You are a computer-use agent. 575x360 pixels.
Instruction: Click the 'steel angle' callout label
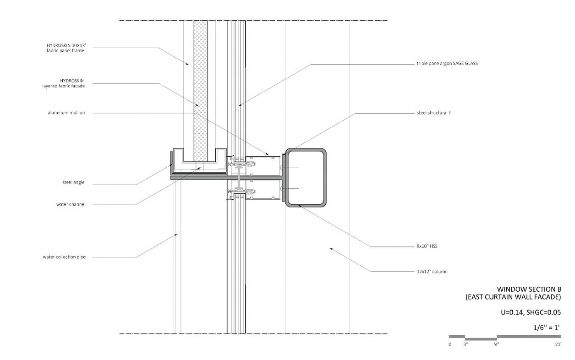point(73,182)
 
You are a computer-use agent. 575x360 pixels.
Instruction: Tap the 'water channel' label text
point(71,204)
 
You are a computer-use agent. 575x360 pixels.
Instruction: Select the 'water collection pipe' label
point(64,257)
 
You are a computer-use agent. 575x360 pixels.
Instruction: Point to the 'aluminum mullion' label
point(66,113)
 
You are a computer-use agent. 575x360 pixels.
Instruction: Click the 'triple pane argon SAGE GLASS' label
point(447,63)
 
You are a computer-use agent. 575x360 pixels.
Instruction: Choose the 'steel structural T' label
point(434,113)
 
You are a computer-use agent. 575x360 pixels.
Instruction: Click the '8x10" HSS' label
point(427,246)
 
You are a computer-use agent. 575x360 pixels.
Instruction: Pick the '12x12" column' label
point(432,272)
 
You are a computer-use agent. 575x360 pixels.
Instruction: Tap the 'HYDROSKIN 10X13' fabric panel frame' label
point(66,48)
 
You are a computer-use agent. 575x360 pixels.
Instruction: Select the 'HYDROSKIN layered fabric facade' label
point(64,83)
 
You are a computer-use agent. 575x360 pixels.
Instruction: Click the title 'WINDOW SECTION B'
point(529,289)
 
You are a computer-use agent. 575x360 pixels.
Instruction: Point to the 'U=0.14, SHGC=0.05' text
point(531,312)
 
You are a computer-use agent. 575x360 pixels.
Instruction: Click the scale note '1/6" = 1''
point(547,327)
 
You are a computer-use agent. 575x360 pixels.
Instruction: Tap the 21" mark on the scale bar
point(559,344)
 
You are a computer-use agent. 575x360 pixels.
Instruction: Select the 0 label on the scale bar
point(450,344)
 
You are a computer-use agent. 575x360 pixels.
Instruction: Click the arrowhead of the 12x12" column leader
point(331,248)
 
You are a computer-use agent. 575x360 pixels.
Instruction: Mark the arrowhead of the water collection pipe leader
point(176,234)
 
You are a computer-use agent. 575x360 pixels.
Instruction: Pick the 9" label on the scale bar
point(497,344)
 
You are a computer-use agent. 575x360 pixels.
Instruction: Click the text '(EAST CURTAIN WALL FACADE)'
point(513,297)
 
